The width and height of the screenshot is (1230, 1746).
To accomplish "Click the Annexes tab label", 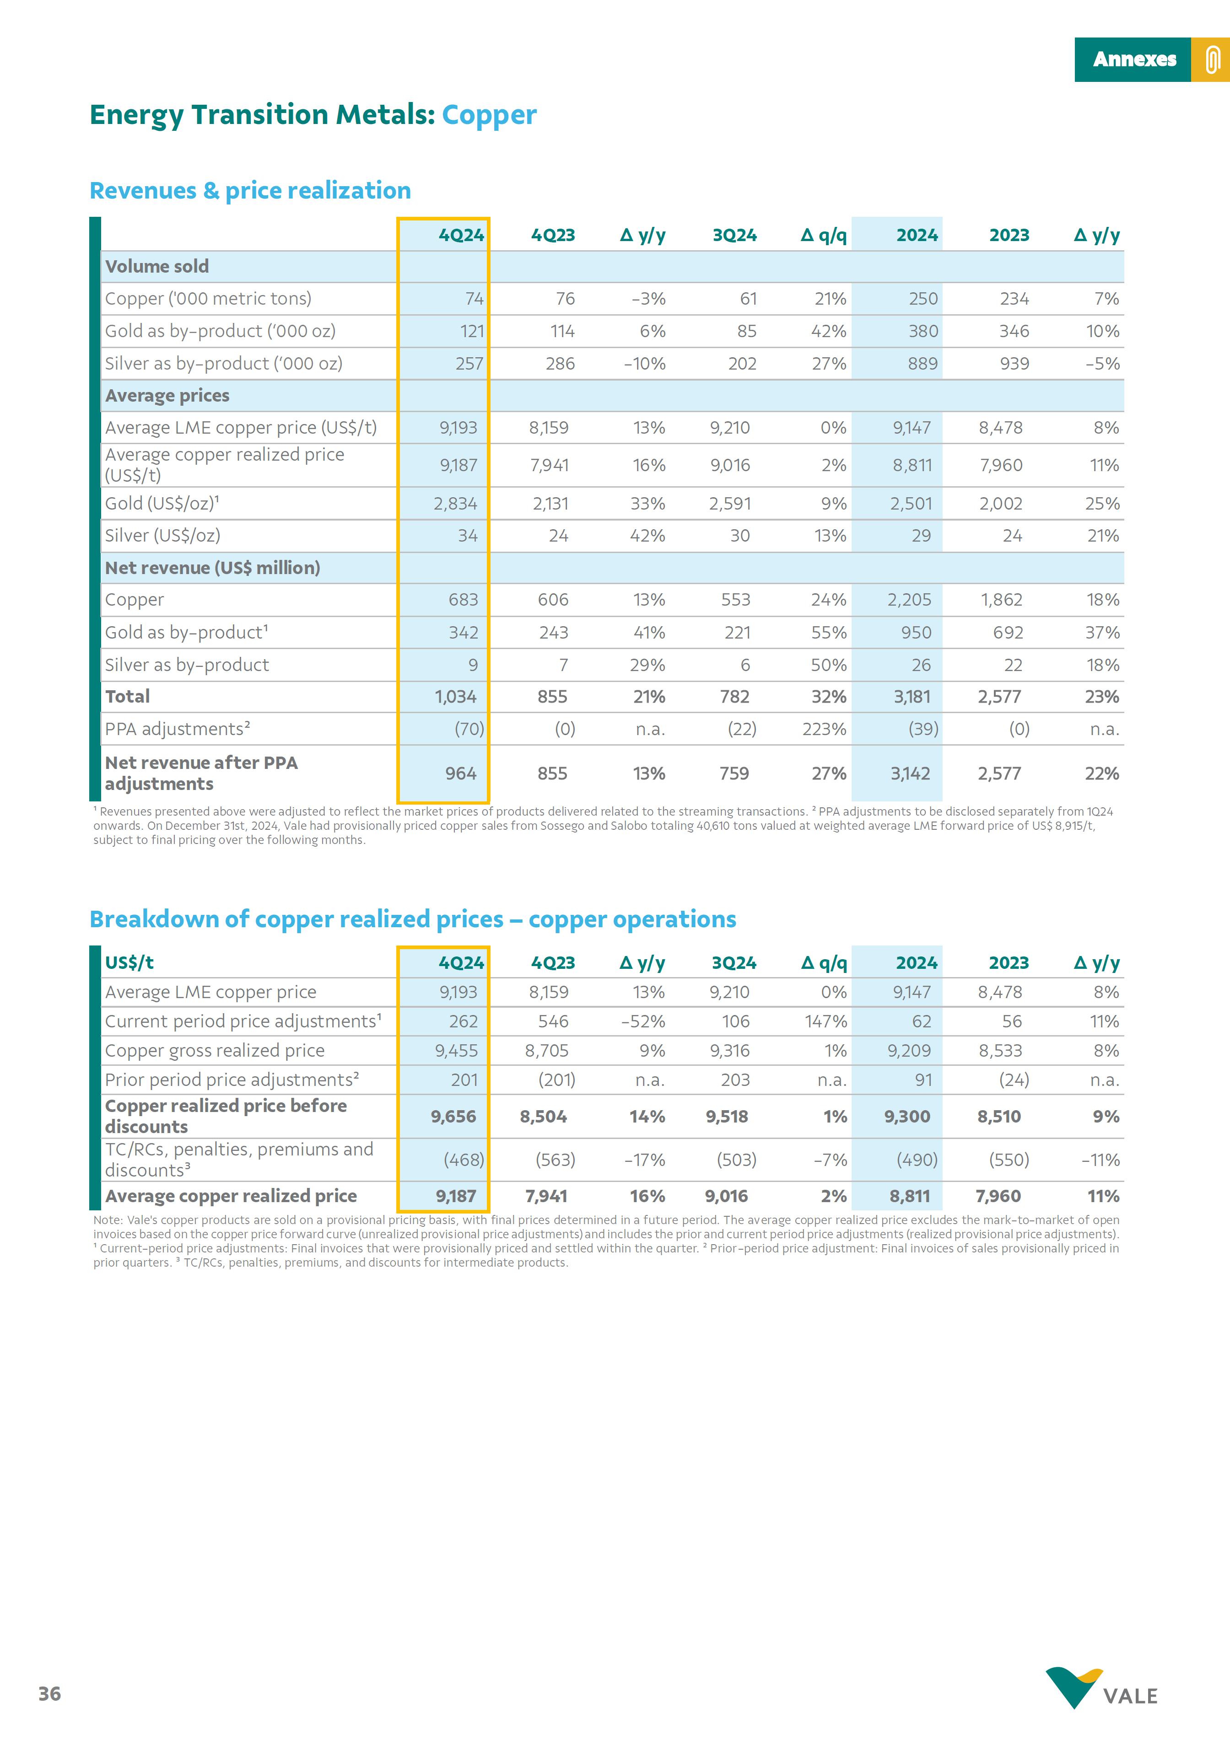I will [x=1133, y=59].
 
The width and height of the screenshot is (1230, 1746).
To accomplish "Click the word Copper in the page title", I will [x=489, y=115].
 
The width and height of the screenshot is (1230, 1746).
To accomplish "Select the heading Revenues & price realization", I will [x=250, y=190].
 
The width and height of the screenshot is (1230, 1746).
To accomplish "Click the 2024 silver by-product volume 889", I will [x=922, y=364].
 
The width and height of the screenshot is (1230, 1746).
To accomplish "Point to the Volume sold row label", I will [x=156, y=266].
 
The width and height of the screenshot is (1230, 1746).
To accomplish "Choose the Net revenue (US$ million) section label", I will [x=212, y=568].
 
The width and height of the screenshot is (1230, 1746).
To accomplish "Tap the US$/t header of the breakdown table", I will [x=129, y=963].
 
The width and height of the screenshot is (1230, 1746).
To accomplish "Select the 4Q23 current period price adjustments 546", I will [x=553, y=1021].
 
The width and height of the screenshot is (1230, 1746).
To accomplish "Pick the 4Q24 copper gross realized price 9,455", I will [x=456, y=1051].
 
